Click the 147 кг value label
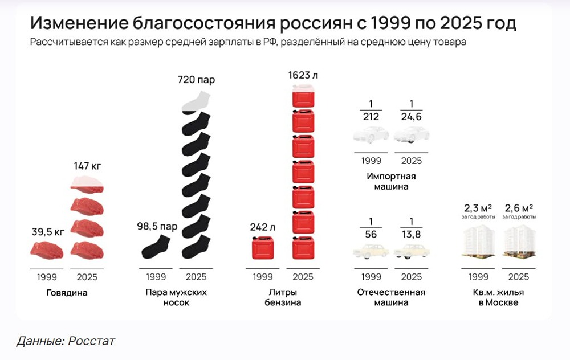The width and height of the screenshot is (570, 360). point(87,166)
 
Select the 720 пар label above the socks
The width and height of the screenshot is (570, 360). point(196,79)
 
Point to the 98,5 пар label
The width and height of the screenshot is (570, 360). point(157,227)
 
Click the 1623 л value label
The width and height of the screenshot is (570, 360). point(304,75)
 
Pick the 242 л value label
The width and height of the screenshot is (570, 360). point(262,227)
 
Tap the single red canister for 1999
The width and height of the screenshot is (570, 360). point(263,249)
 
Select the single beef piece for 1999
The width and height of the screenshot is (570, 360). point(47,249)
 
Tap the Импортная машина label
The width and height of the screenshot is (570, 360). point(391,181)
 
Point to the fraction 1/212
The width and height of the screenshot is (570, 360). point(370,111)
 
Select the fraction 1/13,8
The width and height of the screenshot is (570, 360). point(411,227)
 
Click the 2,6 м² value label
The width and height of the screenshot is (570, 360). point(519,208)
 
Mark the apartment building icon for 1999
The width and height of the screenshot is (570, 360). point(478,240)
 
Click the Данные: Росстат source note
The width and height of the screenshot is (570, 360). point(66,341)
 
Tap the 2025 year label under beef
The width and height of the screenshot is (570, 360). point(87,277)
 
